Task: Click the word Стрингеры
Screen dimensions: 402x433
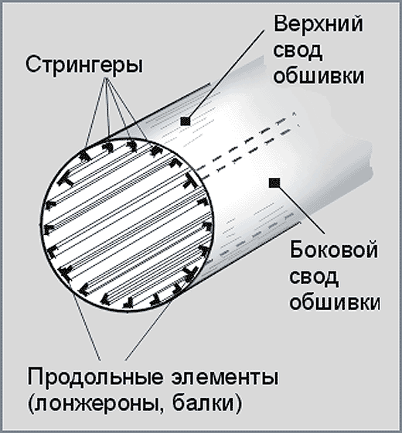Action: click(84, 65)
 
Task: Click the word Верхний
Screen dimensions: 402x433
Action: click(318, 24)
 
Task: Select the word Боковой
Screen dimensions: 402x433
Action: click(333, 250)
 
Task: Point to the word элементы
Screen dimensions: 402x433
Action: click(225, 378)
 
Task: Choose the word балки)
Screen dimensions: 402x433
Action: click(207, 404)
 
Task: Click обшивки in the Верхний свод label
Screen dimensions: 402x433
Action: click(319, 76)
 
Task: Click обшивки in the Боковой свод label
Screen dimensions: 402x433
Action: click(335, 302)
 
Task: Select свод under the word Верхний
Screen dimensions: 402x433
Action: click(298, 50)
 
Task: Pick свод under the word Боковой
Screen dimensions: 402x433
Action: click(314, 276)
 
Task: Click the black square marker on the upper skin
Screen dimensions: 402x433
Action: click(186, 121)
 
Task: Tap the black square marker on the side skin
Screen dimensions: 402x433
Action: click(274, 182)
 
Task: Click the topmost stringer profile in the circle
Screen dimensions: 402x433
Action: click(132, 146)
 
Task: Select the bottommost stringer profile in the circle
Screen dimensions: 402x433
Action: click(128, 303)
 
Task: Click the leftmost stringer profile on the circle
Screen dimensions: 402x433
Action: click(49, 229)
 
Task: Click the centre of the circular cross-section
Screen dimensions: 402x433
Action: click(127, 225)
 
